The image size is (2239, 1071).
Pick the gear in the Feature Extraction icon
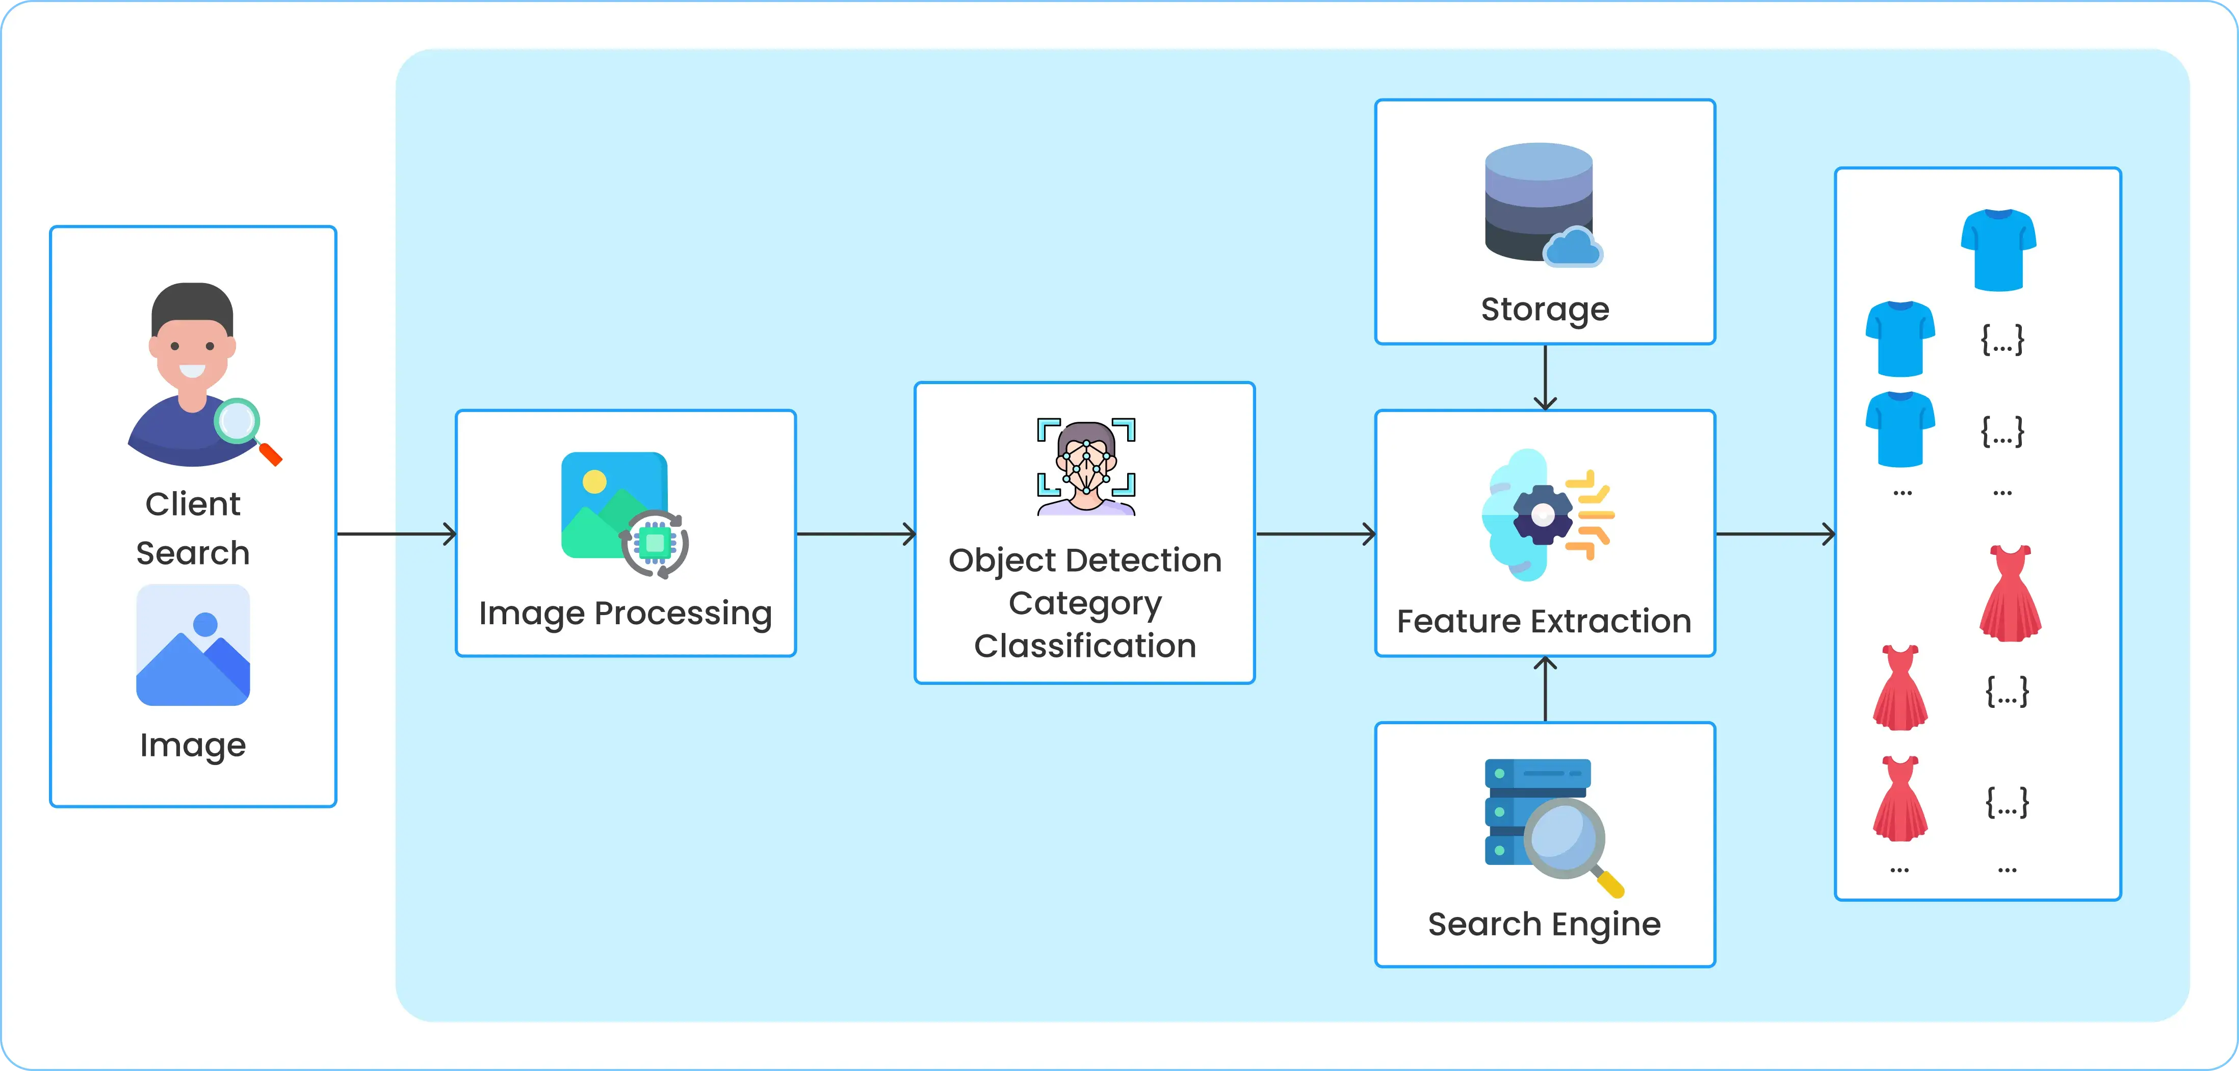(x=1542, y=515)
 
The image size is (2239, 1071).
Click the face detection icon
(x=1086, y=467)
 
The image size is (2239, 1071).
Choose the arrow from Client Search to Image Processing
(x=396, y=534)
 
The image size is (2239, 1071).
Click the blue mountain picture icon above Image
(x=193, y=645)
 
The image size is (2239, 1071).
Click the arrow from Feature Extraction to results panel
(x=1775, y=534)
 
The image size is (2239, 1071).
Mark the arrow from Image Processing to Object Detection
(x=856, y=534)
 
